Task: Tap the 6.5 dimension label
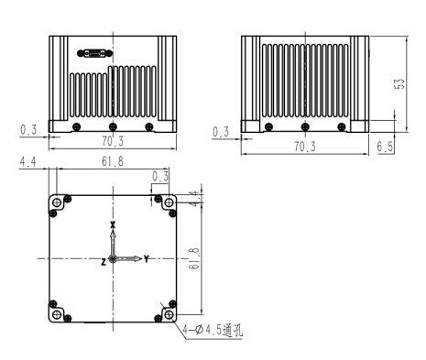pyautogui.click(x=385, y=146)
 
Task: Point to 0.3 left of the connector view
pyautogui.click(x=28, y=130)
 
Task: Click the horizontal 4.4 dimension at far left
pyautogui.click(x=27, y=161)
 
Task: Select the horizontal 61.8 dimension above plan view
pyautogui.click(x=114, y=161)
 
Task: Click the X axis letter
pyautogui.click(x=113, y=224)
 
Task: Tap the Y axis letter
pyautogui.click(x=147, y=259)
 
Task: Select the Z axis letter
pyautogui.click(x=104, y=261)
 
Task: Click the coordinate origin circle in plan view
pyautogui.click(x=113, y=259)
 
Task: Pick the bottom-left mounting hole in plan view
pyautogui.click(x=58, y=315)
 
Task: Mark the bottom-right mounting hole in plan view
pyautogui.click(x=169, y=315)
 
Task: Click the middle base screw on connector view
pyautogui.click(x=112, y=125)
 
